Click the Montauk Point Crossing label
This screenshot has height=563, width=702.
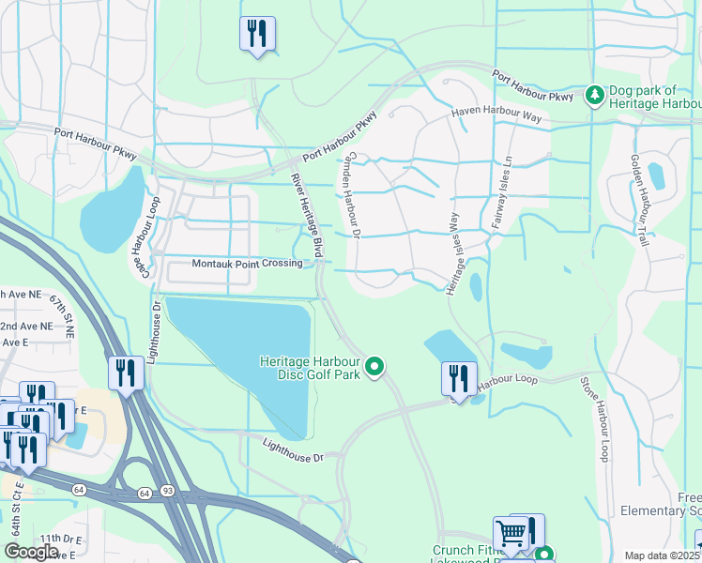click(x=247, y=264)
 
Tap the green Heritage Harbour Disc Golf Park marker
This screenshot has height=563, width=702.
click(x=374, y=366)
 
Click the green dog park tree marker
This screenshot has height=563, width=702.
click(x=593, y=95)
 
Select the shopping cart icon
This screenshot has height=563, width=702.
click(x=511, y=534)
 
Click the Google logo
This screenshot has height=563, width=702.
click(x=31, y=552)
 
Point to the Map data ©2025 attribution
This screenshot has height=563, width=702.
click(x=662, y=555)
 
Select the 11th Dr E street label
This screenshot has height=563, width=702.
click(x=62, y=540)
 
